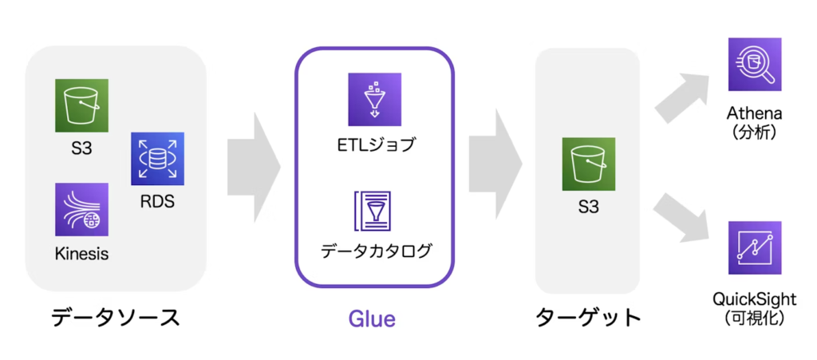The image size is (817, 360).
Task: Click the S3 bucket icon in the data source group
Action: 82,105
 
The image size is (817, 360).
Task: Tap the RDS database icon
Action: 157,159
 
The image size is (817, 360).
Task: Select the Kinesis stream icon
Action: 82,209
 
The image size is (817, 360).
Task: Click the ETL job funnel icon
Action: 375,99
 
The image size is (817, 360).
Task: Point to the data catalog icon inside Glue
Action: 374,211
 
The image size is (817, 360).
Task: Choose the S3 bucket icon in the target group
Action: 588,164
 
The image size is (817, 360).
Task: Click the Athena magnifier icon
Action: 755,64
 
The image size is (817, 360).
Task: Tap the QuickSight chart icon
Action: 755,248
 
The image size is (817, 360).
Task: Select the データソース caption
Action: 115,318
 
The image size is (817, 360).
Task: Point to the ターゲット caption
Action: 588,318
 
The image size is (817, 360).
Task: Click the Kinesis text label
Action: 82,255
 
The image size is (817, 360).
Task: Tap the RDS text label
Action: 157,202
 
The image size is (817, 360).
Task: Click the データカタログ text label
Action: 377,251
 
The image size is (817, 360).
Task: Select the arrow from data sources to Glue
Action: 254,168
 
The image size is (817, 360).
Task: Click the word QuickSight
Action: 755,299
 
